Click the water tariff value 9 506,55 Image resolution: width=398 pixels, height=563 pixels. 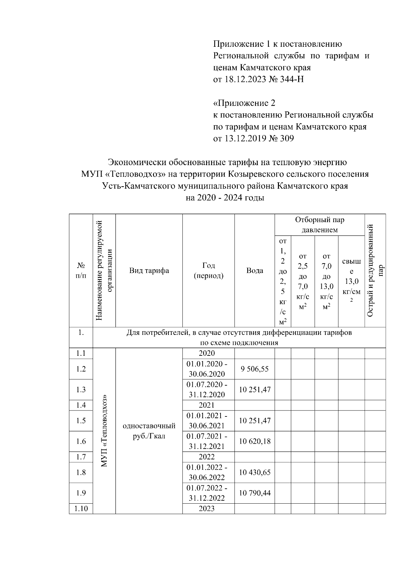[x=255, y=369]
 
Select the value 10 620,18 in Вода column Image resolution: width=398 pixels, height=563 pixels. [x=255, y=441]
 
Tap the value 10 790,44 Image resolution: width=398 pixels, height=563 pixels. [x=255, y=493]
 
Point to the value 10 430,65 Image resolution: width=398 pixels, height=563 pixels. [x=255, y=472]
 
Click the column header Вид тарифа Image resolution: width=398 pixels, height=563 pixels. [x=149, y=271]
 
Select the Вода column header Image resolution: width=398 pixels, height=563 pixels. [x=255, y=271]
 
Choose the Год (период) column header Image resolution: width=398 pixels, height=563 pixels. [x=208, y=271]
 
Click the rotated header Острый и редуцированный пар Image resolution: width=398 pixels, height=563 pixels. [x=375, y=271]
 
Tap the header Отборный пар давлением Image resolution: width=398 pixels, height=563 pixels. [x=319, y=225]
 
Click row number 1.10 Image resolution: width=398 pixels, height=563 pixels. [x=81, y=509]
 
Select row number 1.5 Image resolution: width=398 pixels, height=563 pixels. [x=81, y=421]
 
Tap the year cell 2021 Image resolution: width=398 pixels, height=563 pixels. [x=207, y=405]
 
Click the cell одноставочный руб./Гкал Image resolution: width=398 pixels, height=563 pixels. [x=149, y=430]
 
